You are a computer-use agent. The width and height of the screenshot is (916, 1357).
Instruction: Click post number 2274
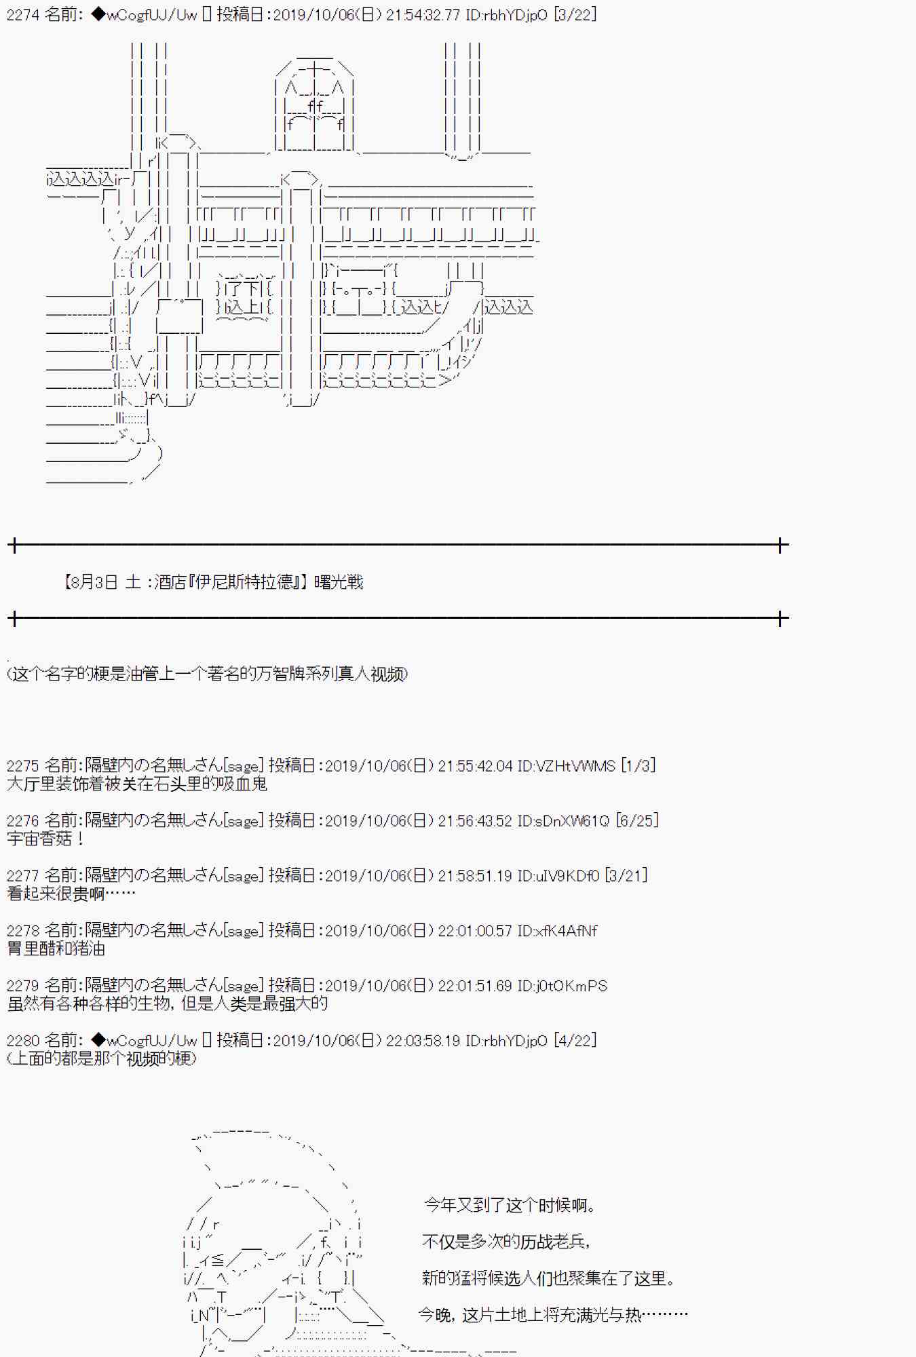coord(23,14)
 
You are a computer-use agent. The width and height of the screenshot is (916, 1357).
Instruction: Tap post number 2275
coord(23,766)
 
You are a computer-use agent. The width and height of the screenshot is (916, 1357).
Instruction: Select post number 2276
coord(23,821)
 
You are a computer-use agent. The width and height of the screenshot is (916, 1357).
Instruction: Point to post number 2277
coord(23,876)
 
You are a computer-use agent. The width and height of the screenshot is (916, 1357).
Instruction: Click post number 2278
coord(23,931)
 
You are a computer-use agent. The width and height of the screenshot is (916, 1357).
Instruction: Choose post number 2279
coord(23,986)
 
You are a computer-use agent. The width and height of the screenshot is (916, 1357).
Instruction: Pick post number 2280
coord(23,1041)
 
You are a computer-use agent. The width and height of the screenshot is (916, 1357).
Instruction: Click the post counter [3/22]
coord(575,14)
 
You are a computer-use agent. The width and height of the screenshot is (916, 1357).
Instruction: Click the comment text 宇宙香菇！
coord(45,839)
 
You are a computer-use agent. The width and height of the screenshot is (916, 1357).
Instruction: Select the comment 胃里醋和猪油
coord(56,949)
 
